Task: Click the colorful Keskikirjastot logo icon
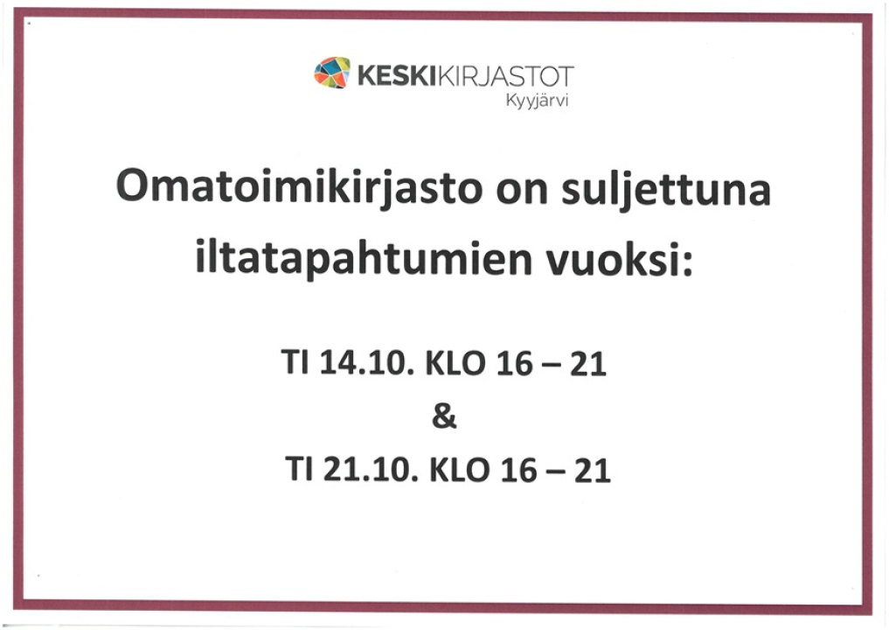(x=332, y=73)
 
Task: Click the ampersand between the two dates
(x=444, y=417)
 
